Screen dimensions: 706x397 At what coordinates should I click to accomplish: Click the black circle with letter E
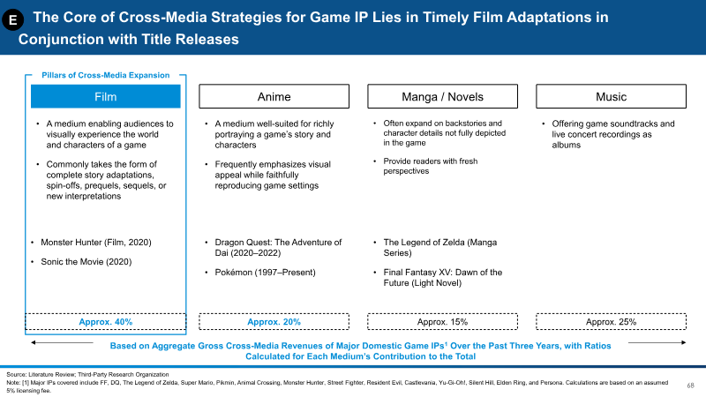[12, 19]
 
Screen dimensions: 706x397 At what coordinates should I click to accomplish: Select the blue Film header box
[105, 96]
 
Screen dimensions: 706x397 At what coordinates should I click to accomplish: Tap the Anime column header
[274, 96]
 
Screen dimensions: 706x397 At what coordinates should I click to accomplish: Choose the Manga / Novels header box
[442, 96]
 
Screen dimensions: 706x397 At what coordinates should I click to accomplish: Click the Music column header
[611, 96]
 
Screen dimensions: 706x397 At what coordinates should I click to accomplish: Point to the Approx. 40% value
[105, 322]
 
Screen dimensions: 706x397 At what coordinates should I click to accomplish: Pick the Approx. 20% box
[274, 322]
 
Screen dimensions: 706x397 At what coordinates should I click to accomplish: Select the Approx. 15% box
[442, 322]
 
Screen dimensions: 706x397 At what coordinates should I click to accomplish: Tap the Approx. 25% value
[611, 322]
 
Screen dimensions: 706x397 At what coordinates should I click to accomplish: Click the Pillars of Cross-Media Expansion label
[105, 75]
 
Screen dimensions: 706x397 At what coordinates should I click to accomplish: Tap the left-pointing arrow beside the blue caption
[62, 342]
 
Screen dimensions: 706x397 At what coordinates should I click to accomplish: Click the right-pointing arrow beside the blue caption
[657, 342]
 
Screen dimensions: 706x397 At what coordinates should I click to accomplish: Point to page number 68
[690, 386]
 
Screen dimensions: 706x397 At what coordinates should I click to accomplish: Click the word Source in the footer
[15, 374]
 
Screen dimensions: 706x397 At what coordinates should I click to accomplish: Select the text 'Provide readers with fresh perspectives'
[431, 166]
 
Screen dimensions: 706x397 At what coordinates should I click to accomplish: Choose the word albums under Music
[566, 145]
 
